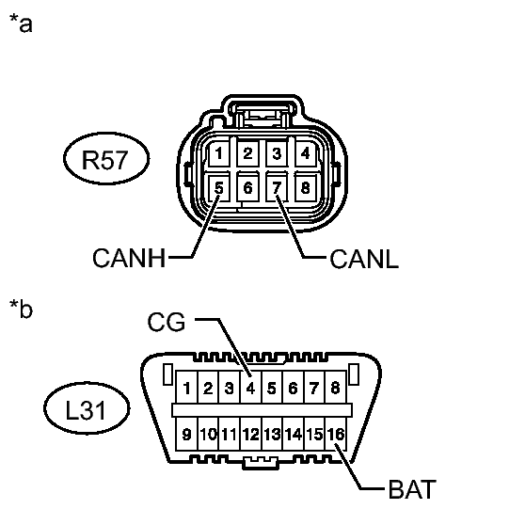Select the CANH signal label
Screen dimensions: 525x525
pos(129,258)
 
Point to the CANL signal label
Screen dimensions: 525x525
pos(364,259)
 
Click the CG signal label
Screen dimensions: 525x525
pos(167,322)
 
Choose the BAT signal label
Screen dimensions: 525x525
pos(412,489)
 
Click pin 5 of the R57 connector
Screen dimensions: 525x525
pos(219,187)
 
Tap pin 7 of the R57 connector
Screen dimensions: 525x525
pos(277,187)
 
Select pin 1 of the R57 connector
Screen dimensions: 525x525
pos(219,153)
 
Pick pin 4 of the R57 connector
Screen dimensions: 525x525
pos(306,153)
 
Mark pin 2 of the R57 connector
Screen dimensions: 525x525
pos(247,153)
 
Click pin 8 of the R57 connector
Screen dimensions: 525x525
pos(306,187)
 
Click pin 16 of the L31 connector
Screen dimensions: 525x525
pos(336,434)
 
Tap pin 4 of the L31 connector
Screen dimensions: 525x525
pos(250,388)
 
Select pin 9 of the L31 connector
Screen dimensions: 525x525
pos(186,434)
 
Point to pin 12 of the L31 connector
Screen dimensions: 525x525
pos(251,434)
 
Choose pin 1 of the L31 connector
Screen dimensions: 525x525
pos(186,388)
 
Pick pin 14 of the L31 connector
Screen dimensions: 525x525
pos(294,434)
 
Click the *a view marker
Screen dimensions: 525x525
pos(21,23)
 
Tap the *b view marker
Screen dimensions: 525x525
pos(21,308)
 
